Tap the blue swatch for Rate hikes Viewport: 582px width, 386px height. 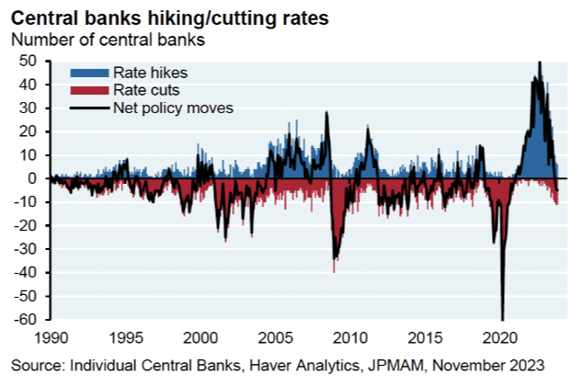[x=88, y=71]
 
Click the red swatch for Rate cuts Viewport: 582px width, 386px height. [x=88, y=89]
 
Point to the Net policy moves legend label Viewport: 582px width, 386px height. [x=174, y=108]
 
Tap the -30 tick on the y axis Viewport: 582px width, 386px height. [x=29, y=249]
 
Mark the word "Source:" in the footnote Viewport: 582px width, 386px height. [x=36, y=365]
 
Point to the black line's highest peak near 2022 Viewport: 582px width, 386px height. [x=539, y=62]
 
